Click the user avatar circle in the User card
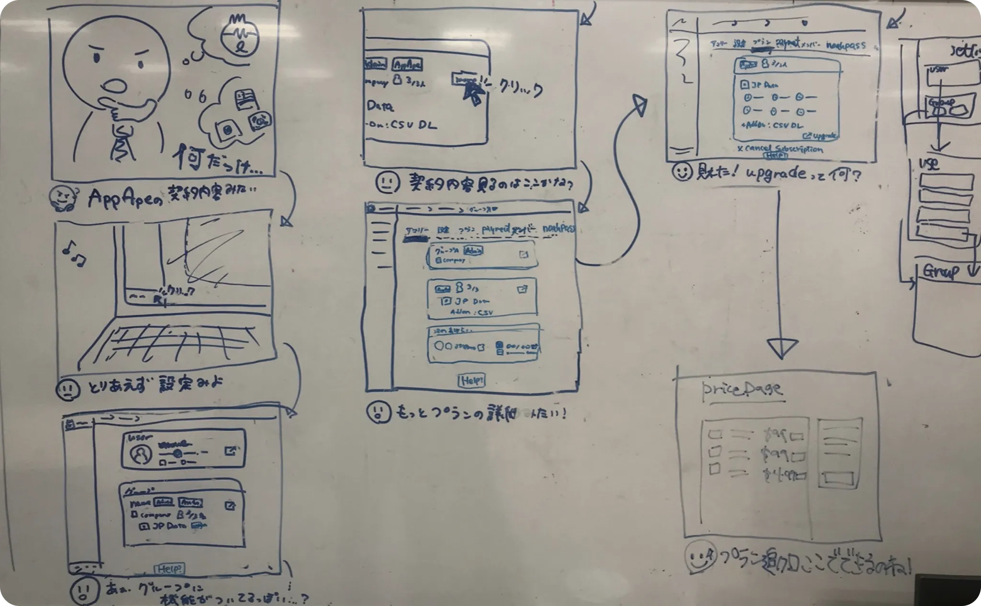pos(142,454)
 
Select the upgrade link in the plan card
pos(821,136)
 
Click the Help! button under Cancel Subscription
pos(776,156)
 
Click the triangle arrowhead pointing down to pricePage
pos(782,348)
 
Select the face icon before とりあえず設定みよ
pos(68,388)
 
